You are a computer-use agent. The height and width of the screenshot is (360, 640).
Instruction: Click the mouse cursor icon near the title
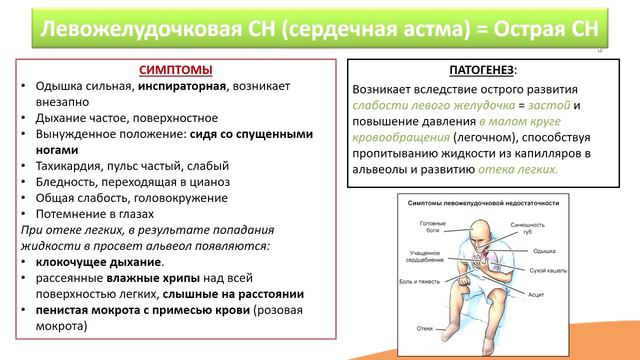click(599, 48)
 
